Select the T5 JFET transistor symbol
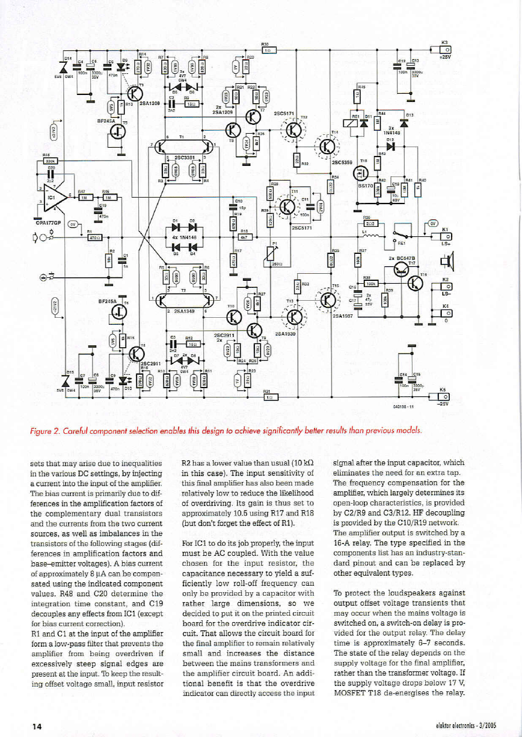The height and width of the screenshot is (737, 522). pyautogui.click(x=118, y=134)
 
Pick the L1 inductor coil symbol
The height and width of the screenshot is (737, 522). pyautogui.click(x=369, y=237)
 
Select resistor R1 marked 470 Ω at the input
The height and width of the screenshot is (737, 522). pyautogui.click(x=94, y=237)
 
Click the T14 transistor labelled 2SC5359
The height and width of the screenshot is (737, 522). pyautogui.click(x=325, y=145)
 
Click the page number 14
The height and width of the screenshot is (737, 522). pyautogui.click(x=37, y=726)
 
